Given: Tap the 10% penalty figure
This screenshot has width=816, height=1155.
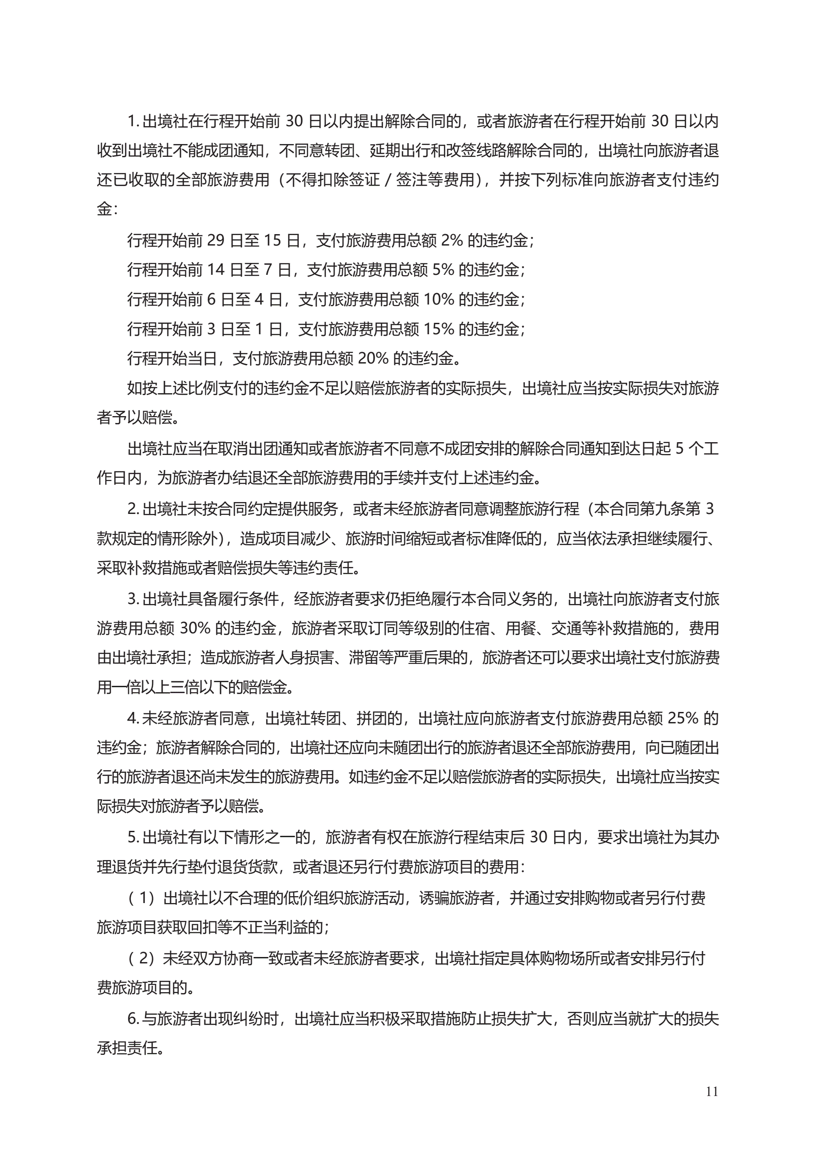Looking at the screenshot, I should click(x=439, y=300).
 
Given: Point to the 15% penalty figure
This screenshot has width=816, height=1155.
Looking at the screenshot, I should click(x=439, y=330).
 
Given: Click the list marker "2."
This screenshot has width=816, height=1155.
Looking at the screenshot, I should click(x=133, y=509).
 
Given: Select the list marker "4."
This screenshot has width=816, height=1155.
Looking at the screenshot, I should click(x=133, y=718).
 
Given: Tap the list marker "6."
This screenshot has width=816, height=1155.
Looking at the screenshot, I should click(x=133, y=1019).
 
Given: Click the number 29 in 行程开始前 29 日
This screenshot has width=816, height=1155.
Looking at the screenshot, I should click(x=215, y=241).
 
